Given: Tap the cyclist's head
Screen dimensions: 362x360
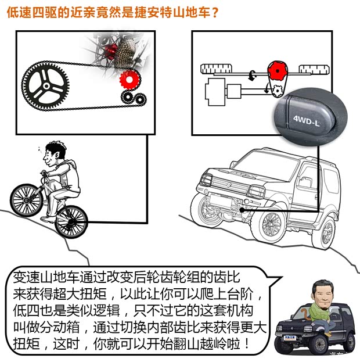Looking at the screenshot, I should (54, 156).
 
